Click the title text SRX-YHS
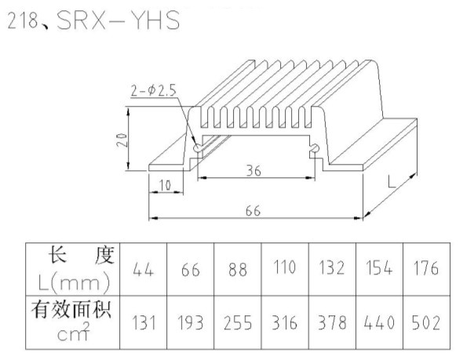[118, 20]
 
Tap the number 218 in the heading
[23, 20]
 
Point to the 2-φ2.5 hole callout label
[154, 90]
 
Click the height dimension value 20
[122, 140]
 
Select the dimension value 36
[253, 171]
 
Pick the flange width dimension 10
[165, 185]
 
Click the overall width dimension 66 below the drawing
[253, 211]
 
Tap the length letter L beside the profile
[392, 181]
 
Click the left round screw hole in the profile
[197, 147]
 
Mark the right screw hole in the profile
[314, 147]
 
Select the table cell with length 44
[143, 269]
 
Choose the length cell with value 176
[425, 268]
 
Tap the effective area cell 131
[144, 322]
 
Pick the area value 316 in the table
[284, 322]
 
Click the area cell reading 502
[426, 322]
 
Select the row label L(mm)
[74, 282]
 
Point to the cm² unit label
[73, 333]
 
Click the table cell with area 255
[238, 322]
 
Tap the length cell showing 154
[379, 268]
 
